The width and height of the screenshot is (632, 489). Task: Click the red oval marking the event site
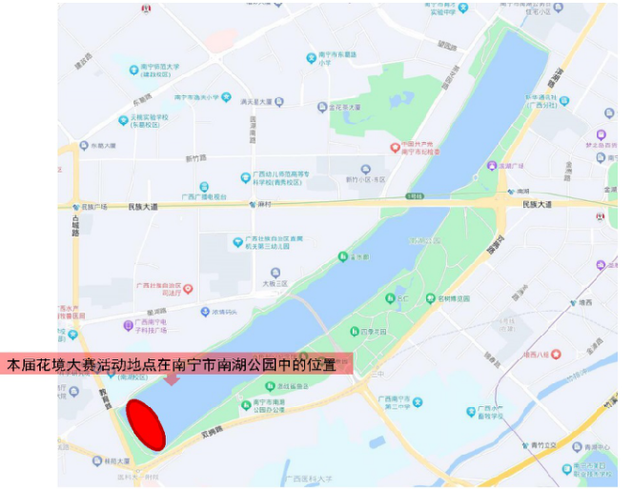click(147, 424)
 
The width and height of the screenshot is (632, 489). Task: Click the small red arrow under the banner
click(172, 379)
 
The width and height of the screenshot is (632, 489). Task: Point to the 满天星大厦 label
click(255, 101)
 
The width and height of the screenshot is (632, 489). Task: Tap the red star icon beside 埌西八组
click(556, 355)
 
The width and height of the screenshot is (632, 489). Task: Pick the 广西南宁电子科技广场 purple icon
click(129, 324)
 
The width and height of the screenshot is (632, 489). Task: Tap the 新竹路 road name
click(196, 159)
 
